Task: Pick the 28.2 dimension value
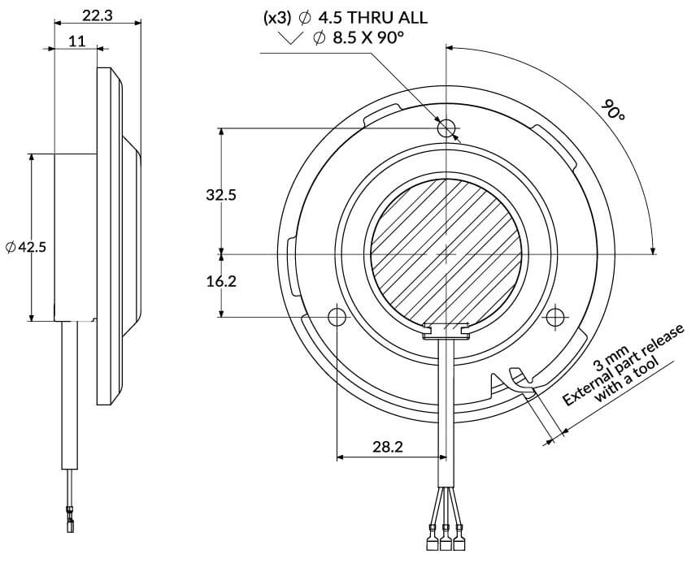[389, 446]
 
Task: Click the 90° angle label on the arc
[613, 110]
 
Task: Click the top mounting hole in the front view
[446, 128]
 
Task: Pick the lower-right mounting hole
[556, 315]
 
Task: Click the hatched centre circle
[446, 253]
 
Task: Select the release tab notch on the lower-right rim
[517, 376]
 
